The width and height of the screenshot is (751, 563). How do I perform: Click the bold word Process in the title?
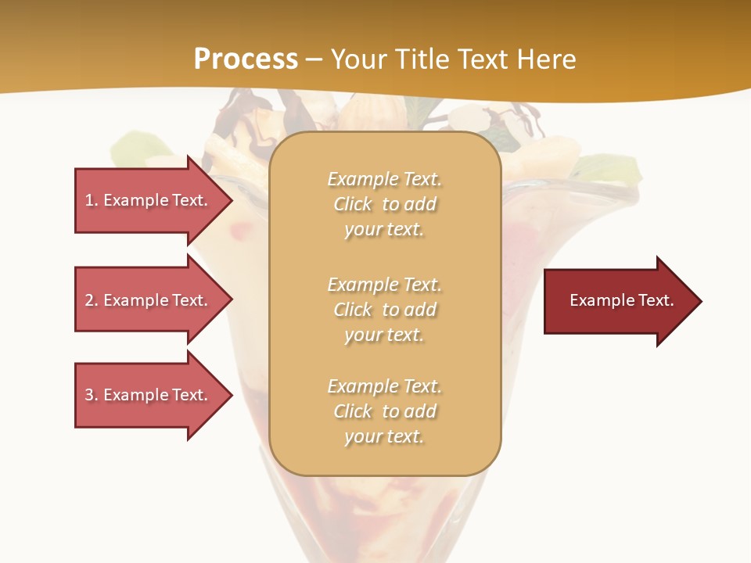246,59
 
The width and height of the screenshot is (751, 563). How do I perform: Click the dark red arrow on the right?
618,300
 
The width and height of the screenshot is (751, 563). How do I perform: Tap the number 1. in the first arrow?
92,200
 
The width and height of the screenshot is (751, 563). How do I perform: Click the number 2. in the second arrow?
92,300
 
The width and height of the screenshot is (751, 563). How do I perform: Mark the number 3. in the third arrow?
92,395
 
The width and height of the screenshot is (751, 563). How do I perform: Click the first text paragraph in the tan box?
385,204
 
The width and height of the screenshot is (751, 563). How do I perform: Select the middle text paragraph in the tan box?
385,310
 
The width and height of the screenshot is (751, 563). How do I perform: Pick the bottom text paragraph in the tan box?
385,411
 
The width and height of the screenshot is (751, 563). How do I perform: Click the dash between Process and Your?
314,60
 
